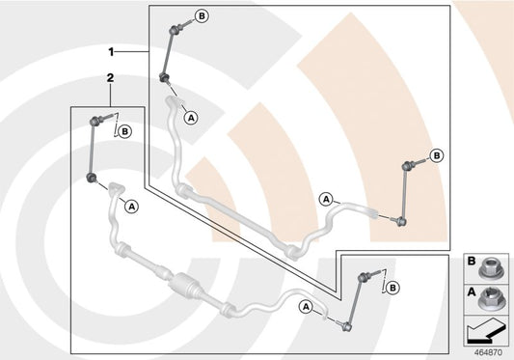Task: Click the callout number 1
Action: click(111, 52)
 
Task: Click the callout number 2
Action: click(111, 78)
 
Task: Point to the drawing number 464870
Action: click(488, 352)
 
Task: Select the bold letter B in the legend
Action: click(472, 261)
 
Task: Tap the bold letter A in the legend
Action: click(472, 291)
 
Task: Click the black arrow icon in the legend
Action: click(485, 333)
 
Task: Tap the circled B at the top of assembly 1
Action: click(203, 15)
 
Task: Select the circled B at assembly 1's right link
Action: click(437, 155)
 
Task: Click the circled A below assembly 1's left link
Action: click(192, 117)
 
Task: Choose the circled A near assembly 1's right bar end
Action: click(326, 199)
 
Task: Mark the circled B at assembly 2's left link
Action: click(125, 132)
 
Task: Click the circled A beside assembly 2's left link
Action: click(132, 207)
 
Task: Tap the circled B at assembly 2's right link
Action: click(392, 288)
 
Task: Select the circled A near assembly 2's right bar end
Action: click(306, 307)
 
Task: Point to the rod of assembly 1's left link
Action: click(169, 53)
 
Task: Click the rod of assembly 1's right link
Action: click(404, 193)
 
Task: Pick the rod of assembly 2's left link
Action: click(92, 150)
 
